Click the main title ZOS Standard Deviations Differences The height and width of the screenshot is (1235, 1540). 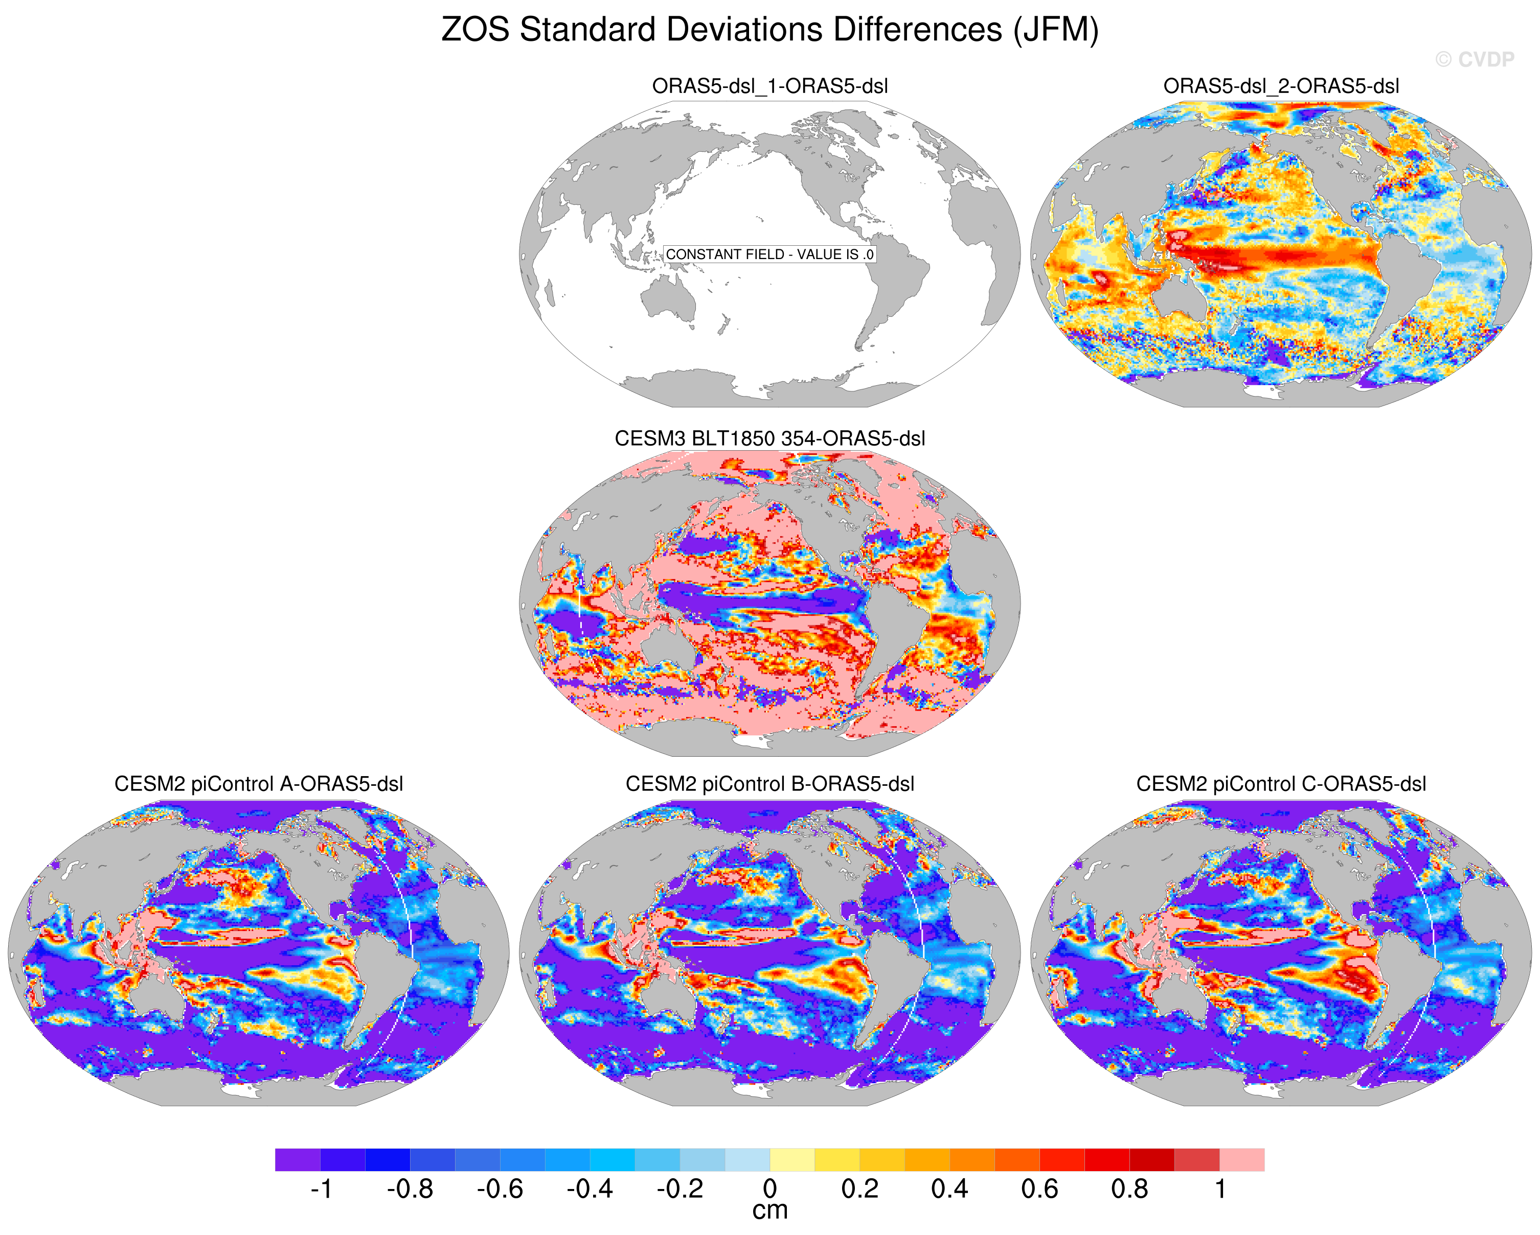721,30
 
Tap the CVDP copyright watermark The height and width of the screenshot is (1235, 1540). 1474,60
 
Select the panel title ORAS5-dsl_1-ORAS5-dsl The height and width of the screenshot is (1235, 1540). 770,86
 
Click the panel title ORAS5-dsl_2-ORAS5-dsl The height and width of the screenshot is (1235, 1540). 1281,86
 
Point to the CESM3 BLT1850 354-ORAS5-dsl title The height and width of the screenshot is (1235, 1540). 770,438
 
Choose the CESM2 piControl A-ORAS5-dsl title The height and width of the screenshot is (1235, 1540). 259,784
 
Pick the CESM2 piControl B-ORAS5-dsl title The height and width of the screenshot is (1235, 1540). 770,784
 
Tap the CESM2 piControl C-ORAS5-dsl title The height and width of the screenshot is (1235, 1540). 1281,784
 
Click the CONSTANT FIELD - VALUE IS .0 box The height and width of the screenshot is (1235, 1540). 769,254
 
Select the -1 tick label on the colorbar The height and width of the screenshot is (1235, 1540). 321,1189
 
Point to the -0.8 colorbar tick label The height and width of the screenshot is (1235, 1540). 410,1189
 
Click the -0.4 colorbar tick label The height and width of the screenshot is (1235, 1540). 590,1189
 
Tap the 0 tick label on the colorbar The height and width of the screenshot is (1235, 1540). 770,1189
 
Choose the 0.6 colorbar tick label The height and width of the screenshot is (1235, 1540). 1039,1189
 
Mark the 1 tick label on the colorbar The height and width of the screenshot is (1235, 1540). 1221,1189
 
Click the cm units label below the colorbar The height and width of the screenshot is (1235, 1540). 770,1211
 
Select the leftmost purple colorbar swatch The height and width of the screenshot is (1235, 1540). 298,1159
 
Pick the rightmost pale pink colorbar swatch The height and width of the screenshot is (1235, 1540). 1242,1159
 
